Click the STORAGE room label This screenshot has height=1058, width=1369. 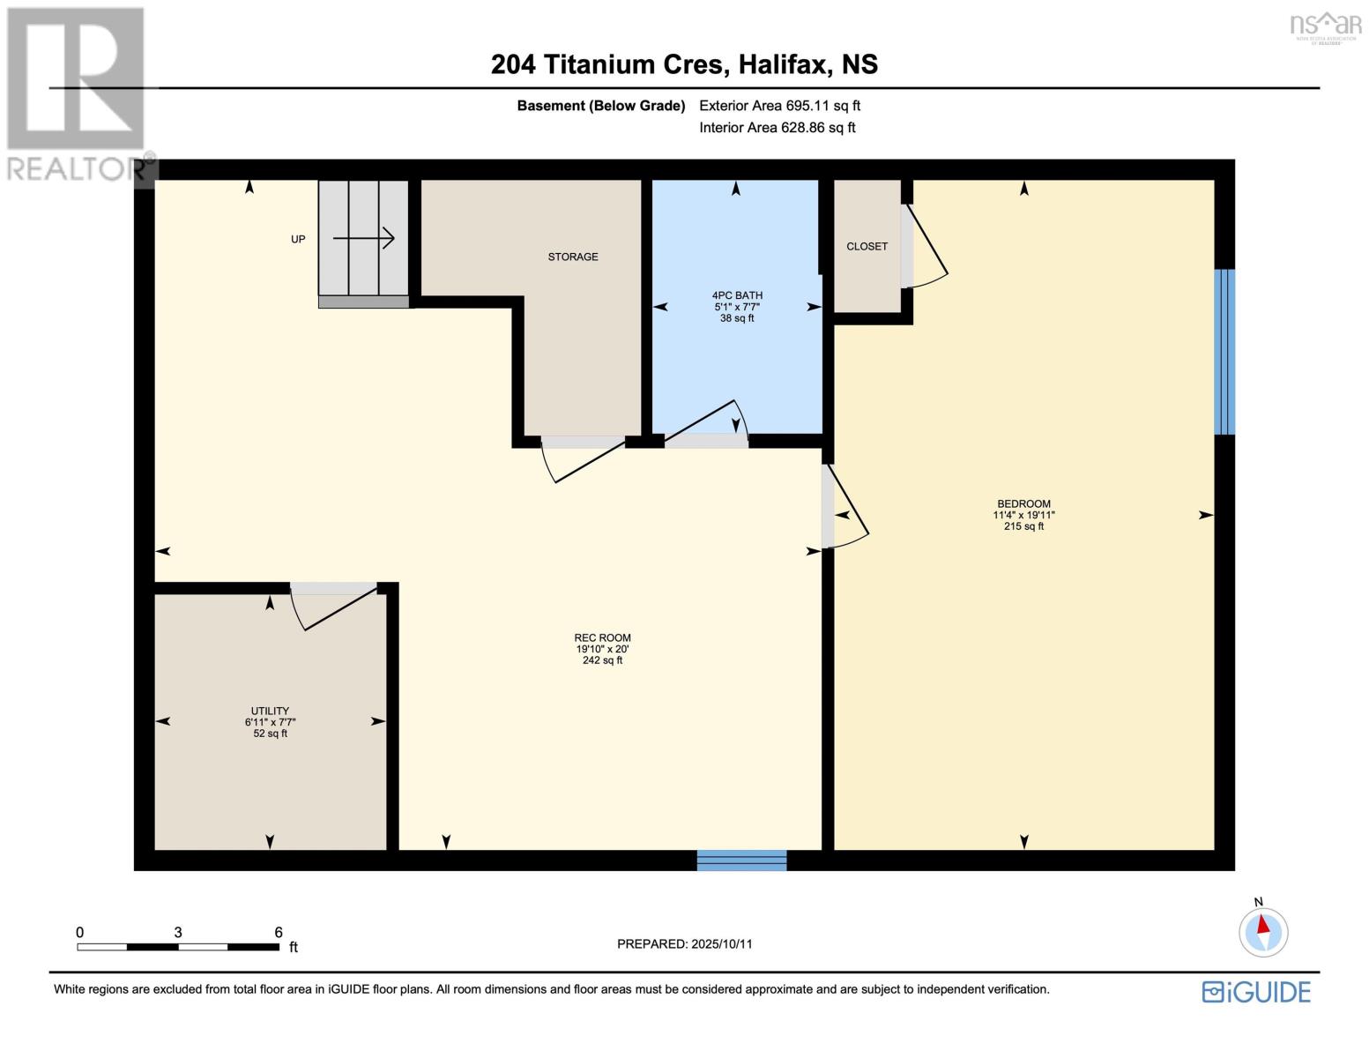coord(573,257)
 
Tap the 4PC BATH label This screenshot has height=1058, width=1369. coord(737,296)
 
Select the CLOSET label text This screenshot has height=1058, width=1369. coord(867,247)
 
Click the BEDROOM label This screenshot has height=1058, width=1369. coord(1023,504)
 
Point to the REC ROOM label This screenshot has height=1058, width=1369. coord(602,637)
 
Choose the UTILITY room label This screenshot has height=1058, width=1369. coord(270,711)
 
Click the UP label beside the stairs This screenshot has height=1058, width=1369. coord(298,240)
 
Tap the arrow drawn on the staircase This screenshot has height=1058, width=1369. coord(363,238)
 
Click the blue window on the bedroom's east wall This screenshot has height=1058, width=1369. coord(1224,352)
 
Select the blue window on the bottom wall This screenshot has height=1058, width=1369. coord(741,861)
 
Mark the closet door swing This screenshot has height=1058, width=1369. coord(926,247)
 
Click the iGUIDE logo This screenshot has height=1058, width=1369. coord(1256,992)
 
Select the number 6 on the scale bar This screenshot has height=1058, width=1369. coord(279,932)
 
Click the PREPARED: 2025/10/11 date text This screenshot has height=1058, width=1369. coord(684,944)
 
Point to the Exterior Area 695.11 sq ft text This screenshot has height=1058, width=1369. coord(779,106)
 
